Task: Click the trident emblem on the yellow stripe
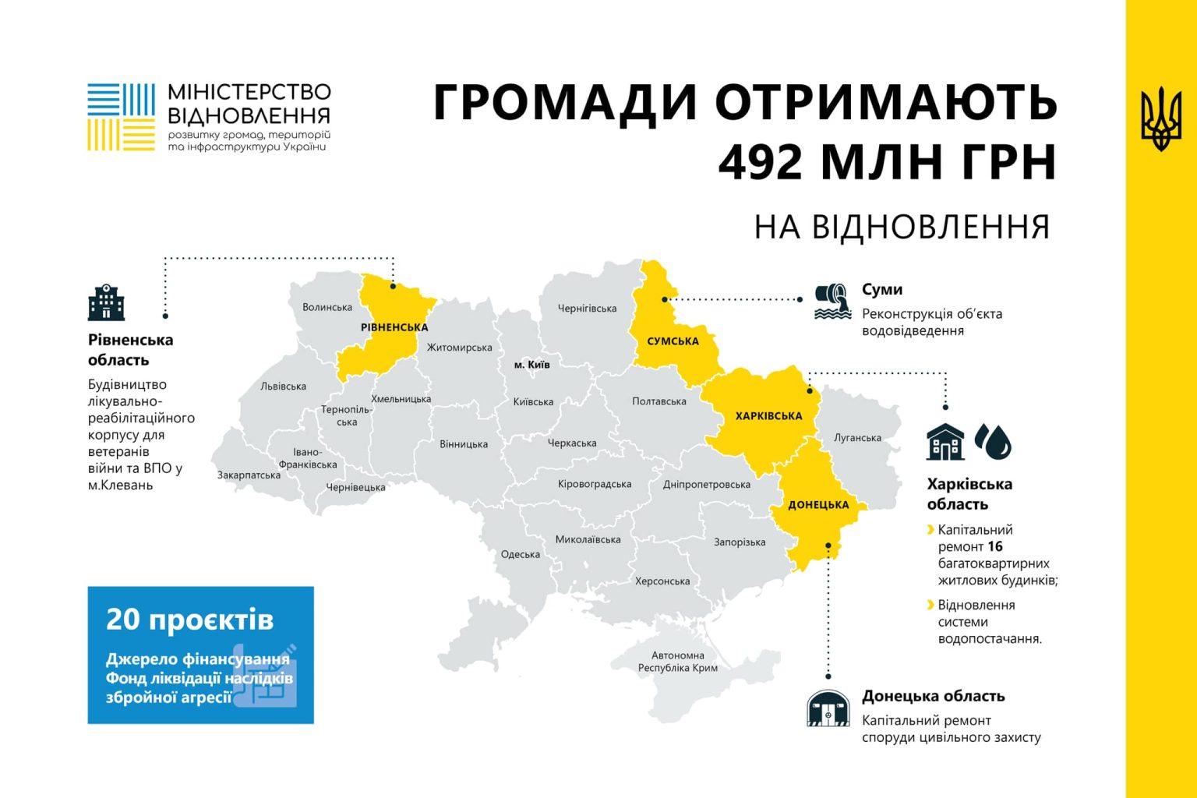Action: pos(1160,119)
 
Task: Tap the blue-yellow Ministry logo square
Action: pos(121,117)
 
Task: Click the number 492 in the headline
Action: pos(761,161)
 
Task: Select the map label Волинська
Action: pos(327,307)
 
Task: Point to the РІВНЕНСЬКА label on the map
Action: pos(394,327)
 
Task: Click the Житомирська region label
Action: pos(459,348)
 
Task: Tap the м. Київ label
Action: pos(531,365)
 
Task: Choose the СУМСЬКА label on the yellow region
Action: pos(673,341)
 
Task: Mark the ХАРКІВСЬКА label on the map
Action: pos(768,416)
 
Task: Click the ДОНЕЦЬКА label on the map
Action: pos(818,505)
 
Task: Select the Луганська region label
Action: pos(857,438)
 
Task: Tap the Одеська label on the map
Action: pos(521,555)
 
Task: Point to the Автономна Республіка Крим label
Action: pos(677,662)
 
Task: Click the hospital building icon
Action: pos(106,302)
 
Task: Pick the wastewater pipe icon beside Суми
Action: pos(832,302)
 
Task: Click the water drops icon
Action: pos(993,441)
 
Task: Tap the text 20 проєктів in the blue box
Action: pos(190,620)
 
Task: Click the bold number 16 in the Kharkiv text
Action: pos(994,547)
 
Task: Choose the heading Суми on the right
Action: pos(882,290)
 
